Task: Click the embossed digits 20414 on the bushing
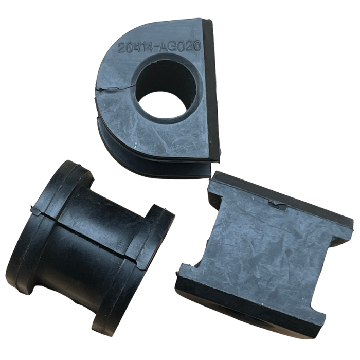(135, 47)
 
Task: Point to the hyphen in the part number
(157, 47)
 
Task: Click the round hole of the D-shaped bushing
(166, 88)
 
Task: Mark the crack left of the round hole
(115, 88)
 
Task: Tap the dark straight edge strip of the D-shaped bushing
(212, 89)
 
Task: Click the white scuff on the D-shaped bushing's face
(136, 146)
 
